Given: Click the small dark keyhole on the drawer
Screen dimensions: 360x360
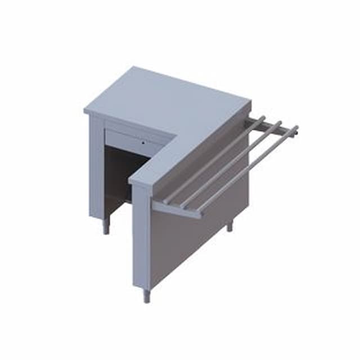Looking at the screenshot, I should tap(143, 142).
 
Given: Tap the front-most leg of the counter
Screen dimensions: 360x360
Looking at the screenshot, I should tap(146, 295).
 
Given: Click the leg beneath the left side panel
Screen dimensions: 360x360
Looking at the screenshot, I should tap(105, 227).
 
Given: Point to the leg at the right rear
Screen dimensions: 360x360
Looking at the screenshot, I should tap(229, 226).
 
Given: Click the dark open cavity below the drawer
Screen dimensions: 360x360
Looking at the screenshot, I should tap(121, 174).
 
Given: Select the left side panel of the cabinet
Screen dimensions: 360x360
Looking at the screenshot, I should tap(97, 169).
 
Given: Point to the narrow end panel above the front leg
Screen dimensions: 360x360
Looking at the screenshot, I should tap(141, 236).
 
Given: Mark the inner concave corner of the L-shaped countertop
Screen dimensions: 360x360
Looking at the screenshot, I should tap(176, 135).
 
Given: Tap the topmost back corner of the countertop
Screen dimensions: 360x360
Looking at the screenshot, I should tap(133, 68).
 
